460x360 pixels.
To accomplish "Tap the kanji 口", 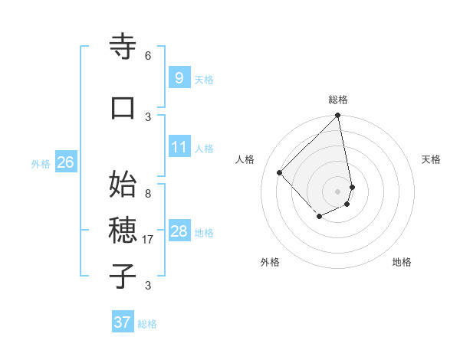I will (123, 108).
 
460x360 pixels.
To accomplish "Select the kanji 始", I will (123, 185).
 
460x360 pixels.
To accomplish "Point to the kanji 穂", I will (123, 231).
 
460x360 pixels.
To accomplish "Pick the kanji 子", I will (123, 277).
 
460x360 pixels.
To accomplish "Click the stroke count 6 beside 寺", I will (147, 56).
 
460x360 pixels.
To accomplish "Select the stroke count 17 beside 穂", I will (148, 240).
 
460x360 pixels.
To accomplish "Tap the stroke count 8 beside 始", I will (147, 194).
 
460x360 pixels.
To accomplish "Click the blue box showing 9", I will (179, 77).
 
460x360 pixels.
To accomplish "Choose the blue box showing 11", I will (179, 146).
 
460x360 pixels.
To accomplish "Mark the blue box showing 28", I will (179, 231).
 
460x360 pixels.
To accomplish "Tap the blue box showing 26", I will (65, 162).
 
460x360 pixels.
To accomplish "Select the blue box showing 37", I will (122, 322).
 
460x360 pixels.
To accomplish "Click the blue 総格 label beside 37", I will (147, 324).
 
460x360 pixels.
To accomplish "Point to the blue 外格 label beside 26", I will (41, 163).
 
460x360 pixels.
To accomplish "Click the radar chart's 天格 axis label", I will (431, 159).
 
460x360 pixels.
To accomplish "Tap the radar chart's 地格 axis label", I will (402, 262).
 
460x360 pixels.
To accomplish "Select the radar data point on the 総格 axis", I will (338, 116).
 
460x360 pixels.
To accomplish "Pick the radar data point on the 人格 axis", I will (280, 172).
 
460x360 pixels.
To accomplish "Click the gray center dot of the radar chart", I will (338, 191).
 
